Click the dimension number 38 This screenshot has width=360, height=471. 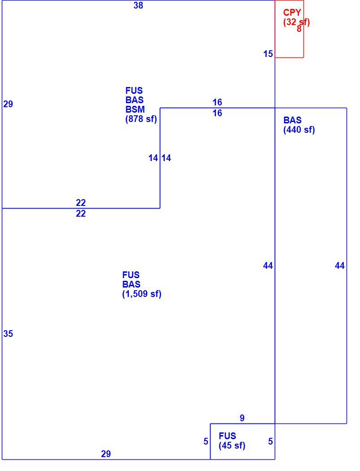[138, 5]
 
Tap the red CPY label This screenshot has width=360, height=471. [292, 13]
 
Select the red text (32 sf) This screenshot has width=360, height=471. [296, 22]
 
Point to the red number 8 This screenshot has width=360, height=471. [299, 29]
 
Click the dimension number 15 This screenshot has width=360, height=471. [268, 54]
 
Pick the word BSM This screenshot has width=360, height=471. [135, 109]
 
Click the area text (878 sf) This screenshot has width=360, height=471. [141, 119]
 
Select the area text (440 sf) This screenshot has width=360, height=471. [299, 130]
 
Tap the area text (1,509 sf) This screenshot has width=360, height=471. [142, 294]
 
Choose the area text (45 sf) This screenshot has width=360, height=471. [232, 445]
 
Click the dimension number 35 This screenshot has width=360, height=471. [8, 334]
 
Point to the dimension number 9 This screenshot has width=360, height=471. [242, 418]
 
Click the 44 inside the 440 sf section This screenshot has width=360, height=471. [340, 266]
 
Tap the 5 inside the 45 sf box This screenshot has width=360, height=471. [271, 441]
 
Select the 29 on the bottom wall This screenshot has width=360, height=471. [106, 454]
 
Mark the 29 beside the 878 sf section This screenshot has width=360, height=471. [8, 104]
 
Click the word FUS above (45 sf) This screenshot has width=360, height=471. [227, 436]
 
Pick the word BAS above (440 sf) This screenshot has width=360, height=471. [292, 120]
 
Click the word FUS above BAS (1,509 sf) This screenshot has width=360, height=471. [131, 275]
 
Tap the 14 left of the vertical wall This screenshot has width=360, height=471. [153, 158]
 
